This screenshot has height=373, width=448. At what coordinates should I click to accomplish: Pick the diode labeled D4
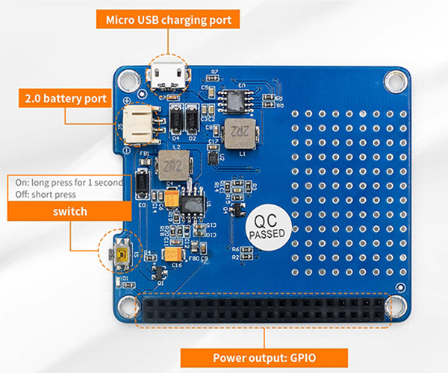(176, 120)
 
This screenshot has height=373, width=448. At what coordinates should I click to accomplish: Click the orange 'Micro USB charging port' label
(168, 19)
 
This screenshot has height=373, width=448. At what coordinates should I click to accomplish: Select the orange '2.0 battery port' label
(65, 98)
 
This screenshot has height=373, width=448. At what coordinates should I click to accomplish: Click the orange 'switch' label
(70, 211)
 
